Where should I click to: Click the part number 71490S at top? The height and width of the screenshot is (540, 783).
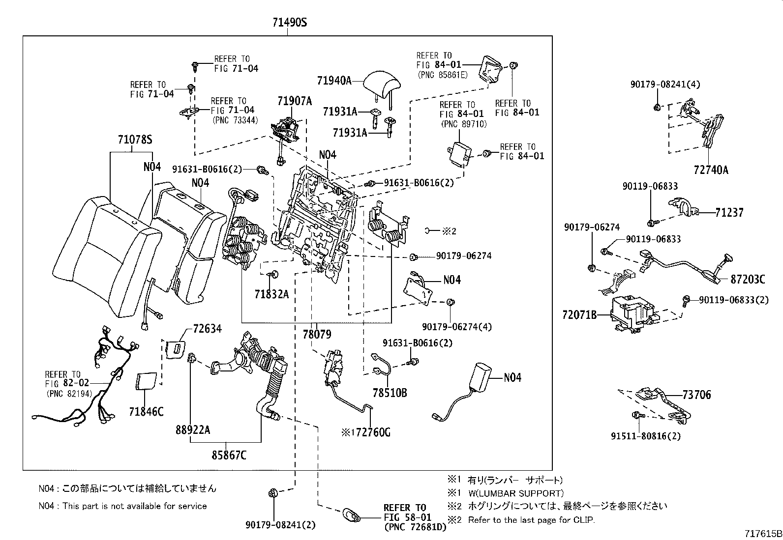(290, 23)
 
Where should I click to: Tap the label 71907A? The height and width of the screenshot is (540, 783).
(294, 101)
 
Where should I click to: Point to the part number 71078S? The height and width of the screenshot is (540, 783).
(134, 140)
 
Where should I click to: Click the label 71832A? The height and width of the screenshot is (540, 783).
(271, 294)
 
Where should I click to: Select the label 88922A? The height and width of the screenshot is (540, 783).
(193, 430)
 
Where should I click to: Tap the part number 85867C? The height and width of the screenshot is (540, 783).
(229, 455)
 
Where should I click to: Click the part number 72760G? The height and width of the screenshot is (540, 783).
(371, 432)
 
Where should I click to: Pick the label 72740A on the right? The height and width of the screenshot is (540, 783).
(711, 170)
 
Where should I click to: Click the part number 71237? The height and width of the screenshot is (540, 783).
(729, 212)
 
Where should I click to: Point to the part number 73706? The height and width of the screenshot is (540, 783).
(696, 394)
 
